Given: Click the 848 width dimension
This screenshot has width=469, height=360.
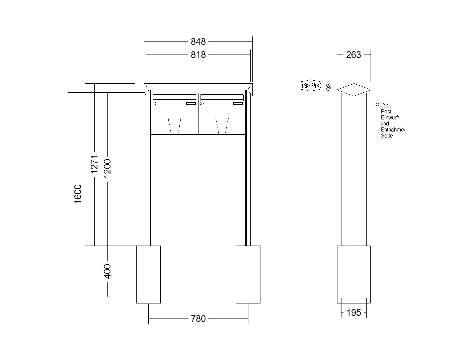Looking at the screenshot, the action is coord(198,42).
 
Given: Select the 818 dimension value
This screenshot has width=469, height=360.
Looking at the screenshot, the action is coord(198,55).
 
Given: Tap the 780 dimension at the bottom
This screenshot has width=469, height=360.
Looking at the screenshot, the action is coord(198,319).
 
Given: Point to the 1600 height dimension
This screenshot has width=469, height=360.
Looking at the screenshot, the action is coord(78,194).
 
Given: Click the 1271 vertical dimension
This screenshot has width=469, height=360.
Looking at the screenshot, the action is coord(94,164).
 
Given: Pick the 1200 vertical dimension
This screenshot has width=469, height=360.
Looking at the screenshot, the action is coord(107,169).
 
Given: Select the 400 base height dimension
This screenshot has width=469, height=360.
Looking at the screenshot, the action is coord(107,271).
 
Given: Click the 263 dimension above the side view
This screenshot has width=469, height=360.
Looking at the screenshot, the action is coord(354,55).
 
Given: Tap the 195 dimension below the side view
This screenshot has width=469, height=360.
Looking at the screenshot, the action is coord(354,312).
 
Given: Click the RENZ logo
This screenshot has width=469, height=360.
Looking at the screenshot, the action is coord(311,85).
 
